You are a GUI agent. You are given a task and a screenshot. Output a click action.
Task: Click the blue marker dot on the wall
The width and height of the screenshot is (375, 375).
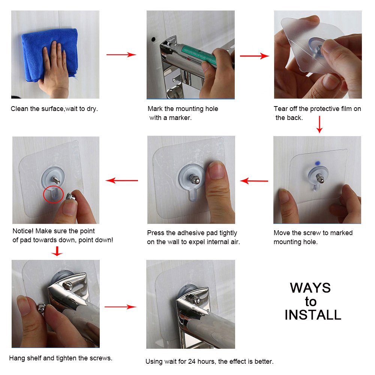click(318, 163)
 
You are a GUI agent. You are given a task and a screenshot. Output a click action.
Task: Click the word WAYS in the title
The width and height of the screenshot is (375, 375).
click(310, 288)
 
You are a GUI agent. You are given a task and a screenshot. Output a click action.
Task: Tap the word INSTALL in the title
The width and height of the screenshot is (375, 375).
click(313, 315)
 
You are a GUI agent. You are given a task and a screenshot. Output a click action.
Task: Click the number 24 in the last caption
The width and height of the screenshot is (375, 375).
click(192, 361)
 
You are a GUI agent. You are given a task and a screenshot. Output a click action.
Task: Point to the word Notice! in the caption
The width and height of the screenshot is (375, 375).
click(23, 231)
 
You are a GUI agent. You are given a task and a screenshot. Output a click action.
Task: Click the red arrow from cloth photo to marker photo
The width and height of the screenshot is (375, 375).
click(121, 54)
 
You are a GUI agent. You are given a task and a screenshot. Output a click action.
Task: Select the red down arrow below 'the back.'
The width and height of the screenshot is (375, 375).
click(319, 124)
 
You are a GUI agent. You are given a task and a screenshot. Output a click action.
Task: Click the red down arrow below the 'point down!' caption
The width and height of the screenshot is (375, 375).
click(57, 251)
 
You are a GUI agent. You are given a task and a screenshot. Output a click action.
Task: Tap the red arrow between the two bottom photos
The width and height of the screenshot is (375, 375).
click(120, 307)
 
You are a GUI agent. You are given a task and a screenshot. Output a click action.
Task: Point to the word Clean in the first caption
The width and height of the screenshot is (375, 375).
click(19, 109)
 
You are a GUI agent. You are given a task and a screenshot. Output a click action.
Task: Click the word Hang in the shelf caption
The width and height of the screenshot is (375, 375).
click(17, 358)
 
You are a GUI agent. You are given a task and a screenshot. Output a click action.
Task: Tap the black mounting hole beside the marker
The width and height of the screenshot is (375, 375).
click(153, 39)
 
